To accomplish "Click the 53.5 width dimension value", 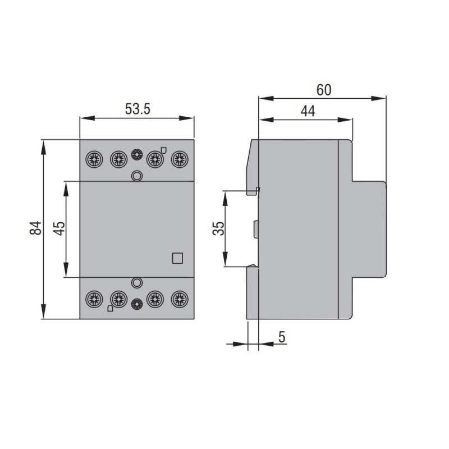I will [x=138, y=109].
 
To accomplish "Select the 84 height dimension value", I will [x=35, y=228].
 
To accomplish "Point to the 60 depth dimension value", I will [x=324, y=89].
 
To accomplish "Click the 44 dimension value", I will [x=307, y=111].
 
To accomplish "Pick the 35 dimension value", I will [x=218, y=228].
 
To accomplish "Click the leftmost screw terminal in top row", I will [x=93, y=159].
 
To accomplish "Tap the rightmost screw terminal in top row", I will [x=180, y=159].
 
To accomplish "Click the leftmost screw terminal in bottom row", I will [x=93, y=298].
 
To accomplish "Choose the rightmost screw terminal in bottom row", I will [x=180, y=298].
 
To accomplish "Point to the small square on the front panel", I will [x=177, y=258].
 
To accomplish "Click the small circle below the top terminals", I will [x=136, y=176].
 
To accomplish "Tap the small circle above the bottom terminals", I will [x=136, y=282].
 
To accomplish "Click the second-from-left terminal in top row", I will [x=118, y=159].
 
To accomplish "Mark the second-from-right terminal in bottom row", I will [x=154, y=298].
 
